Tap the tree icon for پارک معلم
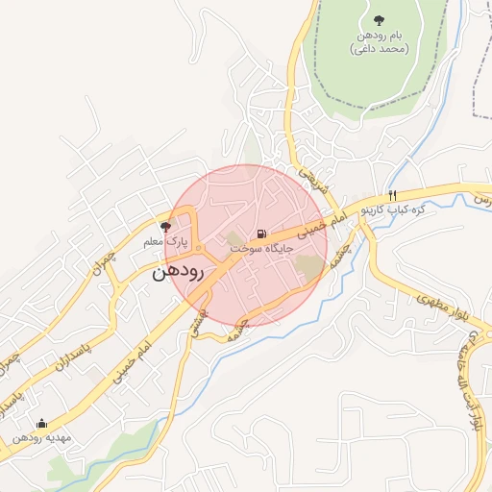[x=165, y=228]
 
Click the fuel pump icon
[x=260, y=234]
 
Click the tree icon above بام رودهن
[x=381, y=19]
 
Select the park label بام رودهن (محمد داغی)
[x=381, y=41]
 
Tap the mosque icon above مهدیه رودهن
[x=40, y=423]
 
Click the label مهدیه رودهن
[x=41, y=438]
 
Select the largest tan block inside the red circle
[x=309, y=266]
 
